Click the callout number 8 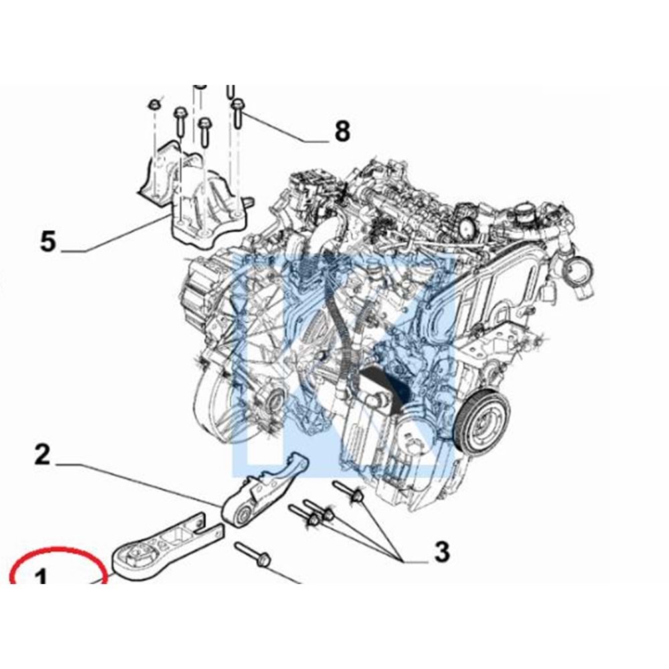(x=342, y=132)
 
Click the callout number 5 (x=47, y=241)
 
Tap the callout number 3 (x=442, y=553)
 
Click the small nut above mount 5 (x=154, y=105)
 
